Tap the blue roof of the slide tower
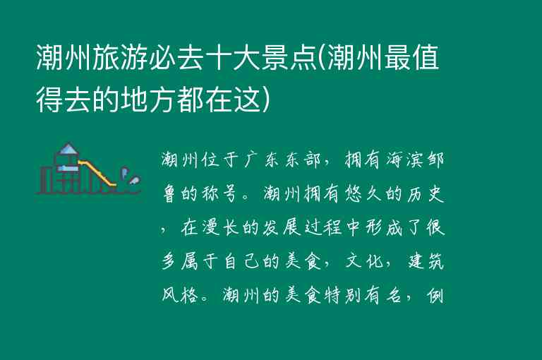pyautogui.click(x=68, y=149)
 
